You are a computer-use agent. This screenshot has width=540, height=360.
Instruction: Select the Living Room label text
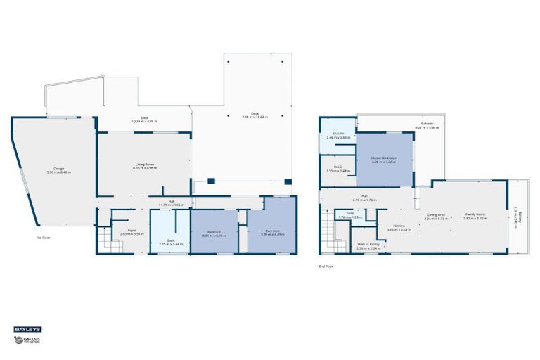tap(144, 167)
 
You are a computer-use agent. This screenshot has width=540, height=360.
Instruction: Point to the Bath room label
tap(166, 242)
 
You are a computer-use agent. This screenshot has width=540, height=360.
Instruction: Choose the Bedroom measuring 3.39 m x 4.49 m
tap(271, 233)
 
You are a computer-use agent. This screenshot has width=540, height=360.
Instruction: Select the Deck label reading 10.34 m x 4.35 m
tap(144, 120)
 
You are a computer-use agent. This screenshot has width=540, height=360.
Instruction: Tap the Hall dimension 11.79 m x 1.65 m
tap(171, 202)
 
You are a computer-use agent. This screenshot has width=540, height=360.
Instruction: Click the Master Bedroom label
tap(384, 160)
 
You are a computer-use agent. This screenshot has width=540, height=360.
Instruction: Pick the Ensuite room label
tap(338, 136)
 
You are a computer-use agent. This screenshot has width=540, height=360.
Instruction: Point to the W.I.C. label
tap(337, 169)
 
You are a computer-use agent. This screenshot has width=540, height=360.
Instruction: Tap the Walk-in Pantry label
tap(368, 247)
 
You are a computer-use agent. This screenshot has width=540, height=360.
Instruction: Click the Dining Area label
tap(437, 217)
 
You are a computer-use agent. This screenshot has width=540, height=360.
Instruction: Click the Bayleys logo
tap(27, 328)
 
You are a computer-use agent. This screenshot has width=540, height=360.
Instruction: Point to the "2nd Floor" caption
tap(325, 266)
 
